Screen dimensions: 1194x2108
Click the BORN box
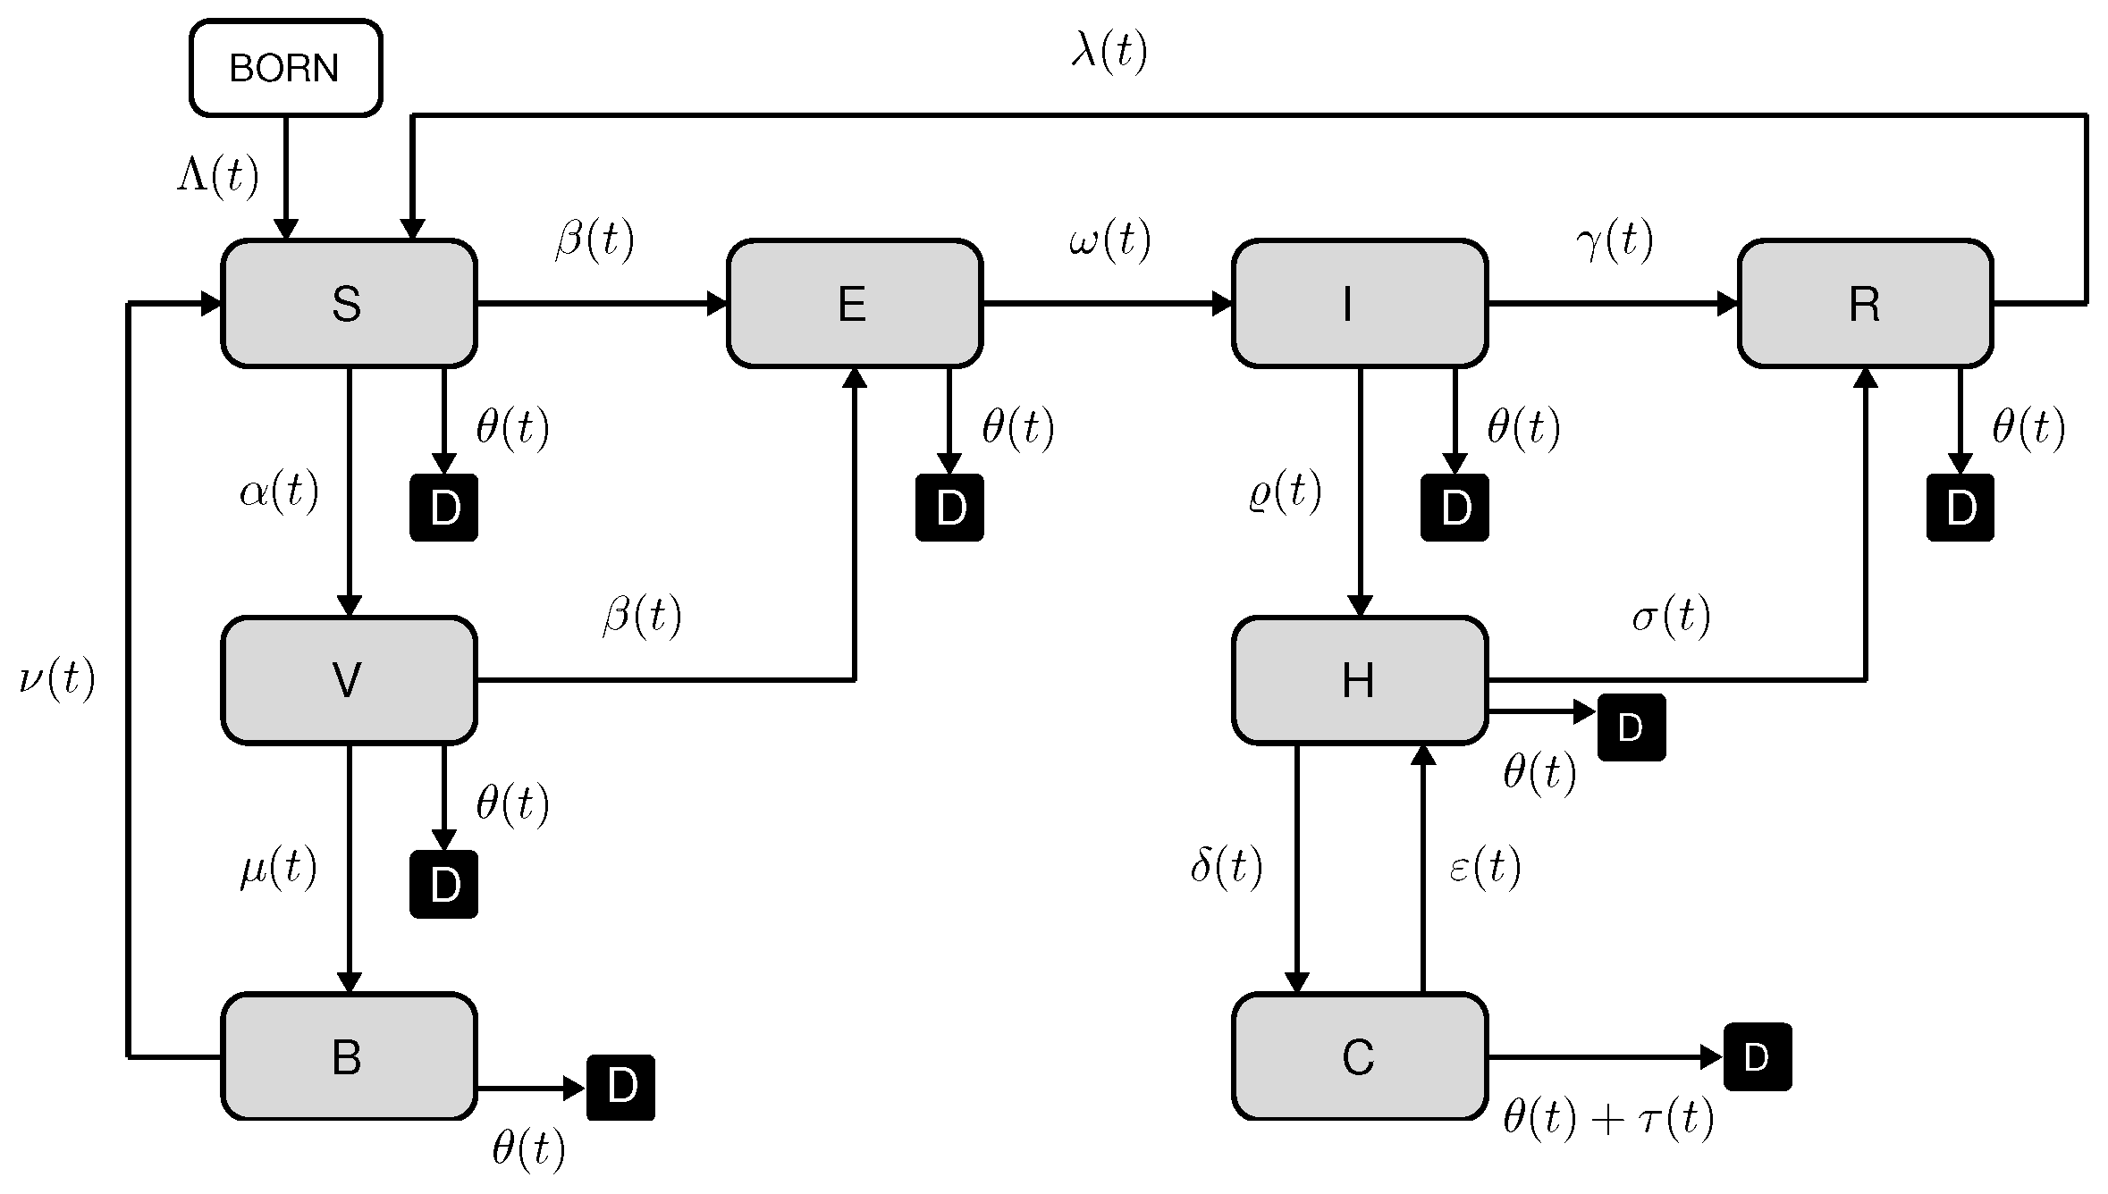285,68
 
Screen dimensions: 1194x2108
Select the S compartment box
349,303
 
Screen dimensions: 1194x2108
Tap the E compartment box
854,303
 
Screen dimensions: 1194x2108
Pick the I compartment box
1359,303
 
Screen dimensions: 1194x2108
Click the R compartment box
1865,303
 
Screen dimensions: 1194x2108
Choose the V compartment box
349,680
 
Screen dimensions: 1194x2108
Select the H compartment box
1359,680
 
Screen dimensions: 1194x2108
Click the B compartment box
349,1056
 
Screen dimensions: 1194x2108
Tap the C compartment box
1359,1056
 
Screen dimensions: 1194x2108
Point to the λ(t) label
1109,52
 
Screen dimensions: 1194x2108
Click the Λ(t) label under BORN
218,174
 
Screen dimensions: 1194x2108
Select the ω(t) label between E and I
1109,240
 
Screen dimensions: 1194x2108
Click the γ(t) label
1615,240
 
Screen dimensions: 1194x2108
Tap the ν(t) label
56,679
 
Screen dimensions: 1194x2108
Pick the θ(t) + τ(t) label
1607,1118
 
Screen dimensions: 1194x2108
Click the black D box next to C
1757,1056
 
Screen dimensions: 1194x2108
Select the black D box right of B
620,1087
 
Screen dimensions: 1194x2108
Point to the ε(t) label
1484,867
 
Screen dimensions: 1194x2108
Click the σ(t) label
1670,616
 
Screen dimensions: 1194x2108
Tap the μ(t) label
278,868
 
